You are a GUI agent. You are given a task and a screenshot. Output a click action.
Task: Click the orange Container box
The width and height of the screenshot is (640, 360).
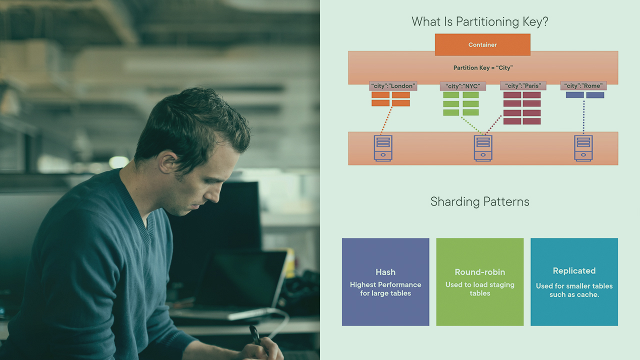click(x=482, y=44)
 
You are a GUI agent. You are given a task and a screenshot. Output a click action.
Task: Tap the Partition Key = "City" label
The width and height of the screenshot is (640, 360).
click(x=483, y=67)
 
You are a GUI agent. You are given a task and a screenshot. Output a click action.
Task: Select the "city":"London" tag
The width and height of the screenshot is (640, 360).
click(x=393, y=86)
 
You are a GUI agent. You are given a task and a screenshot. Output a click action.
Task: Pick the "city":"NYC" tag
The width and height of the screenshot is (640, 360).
click(x=462, y=86)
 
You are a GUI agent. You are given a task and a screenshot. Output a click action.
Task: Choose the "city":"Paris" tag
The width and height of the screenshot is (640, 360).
click(x=523, y=86)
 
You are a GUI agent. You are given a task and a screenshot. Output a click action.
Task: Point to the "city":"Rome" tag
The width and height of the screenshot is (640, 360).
click(x=583, y=86)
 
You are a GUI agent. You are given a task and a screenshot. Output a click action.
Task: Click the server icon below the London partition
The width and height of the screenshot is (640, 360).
click(x=383, y=148)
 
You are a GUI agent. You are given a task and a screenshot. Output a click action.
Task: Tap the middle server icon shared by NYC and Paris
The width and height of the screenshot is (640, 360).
click(x=483, y=148)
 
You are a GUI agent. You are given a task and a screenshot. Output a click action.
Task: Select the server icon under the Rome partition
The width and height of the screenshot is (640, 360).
click(x=583, y=148)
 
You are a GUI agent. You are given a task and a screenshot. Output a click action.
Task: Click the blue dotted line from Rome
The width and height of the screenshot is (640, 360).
click(x=583, y=117)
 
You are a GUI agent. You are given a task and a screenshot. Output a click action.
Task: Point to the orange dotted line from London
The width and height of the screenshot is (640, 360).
click(x=386, y=120)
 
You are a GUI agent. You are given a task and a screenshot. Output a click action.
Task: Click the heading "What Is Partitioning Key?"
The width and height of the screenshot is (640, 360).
click(x=479, y=21)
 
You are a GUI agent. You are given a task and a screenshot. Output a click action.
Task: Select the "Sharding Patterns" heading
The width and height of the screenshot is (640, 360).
click(x=479, y=201)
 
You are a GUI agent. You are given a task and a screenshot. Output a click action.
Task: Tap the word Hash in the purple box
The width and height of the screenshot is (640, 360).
click(x=385, y=272)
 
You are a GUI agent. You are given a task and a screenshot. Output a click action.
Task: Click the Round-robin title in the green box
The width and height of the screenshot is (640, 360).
click(x=479, y=272)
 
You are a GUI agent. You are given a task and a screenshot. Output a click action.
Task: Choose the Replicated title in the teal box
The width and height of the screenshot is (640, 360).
click(x=574, y=271)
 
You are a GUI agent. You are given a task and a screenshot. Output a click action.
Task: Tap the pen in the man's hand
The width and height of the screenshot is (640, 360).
click(x=255, y=335)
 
